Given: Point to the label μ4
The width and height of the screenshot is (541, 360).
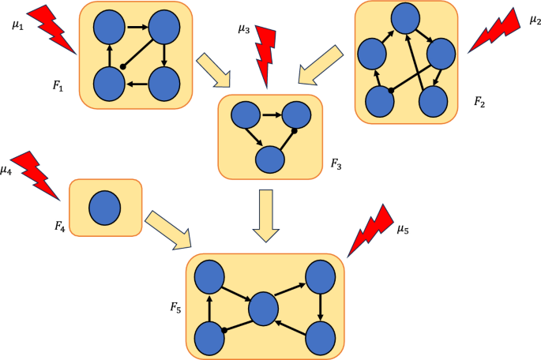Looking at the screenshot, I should (7, 169).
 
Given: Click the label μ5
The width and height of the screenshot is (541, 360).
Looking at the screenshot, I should (403, 230).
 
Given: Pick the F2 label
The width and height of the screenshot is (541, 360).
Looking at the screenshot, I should (479, 102).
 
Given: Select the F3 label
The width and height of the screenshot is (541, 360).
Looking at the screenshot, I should (336, 167).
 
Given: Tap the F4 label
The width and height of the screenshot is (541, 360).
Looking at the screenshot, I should (59, 226).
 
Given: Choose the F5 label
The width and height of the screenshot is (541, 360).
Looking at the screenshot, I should (175, 307).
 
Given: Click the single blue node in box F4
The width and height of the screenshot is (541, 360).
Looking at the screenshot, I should (104, 209).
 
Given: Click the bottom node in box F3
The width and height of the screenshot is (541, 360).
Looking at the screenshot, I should (270, 159).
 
